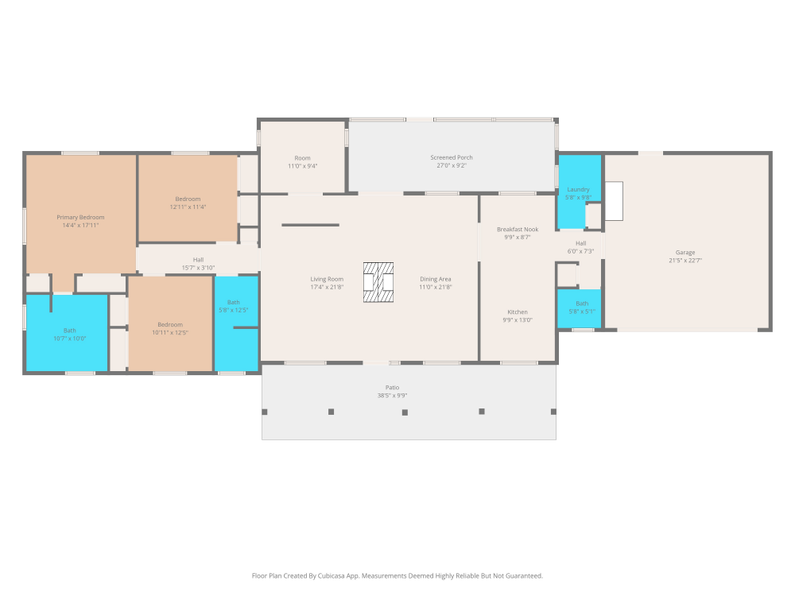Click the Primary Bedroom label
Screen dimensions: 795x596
(x=80, y=218)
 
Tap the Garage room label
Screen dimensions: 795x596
(x=685, y=253)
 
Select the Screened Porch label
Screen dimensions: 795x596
(x=452, y=157)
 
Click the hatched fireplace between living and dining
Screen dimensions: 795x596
(x=378, y=282)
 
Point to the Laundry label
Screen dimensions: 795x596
(x=578, y=190)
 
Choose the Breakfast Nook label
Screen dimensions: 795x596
(x=518, y=230)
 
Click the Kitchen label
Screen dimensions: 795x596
(x=518, y=312)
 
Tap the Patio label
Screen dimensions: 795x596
(x=393, y=388)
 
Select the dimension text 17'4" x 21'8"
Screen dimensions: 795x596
(x=327, y=288)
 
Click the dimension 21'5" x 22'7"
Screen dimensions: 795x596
(x=685, y=261)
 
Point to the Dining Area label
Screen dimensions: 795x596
(x=436, y=279)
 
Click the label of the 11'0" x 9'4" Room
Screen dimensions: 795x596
(x=303, y=158)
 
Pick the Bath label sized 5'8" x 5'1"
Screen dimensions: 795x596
(x=582, y=304)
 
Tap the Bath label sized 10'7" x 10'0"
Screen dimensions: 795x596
(x=69, y=331)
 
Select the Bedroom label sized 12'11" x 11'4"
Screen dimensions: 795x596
(x=188, y=199)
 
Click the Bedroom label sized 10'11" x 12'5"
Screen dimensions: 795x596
(x=170, y=325)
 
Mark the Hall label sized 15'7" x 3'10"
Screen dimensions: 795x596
(x=198, y=260)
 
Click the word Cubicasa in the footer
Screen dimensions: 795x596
(x=331, y=575)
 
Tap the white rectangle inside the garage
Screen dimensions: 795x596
(x=614, y=201)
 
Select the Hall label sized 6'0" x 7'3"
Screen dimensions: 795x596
(x=581, y=243)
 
